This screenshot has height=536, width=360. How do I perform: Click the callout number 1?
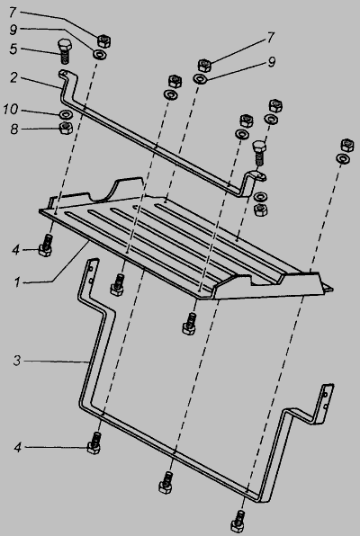[x=17, y=282]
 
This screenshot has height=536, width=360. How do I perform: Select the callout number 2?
[x=13, y=78]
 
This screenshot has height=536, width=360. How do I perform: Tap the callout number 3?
[x=17, y=361]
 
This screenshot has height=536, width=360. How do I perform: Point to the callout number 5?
[x=13, y=49]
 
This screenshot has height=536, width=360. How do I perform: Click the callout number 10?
[x=10, y=110]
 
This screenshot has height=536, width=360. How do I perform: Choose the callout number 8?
[x=13, y=130]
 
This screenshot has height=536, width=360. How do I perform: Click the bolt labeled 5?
[x=65, y=51]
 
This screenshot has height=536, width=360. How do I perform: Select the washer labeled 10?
[x=65, y=114]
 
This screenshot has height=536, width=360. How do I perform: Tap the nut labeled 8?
[x=66, y=128]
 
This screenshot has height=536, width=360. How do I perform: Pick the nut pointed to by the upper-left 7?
[x=104, y=41]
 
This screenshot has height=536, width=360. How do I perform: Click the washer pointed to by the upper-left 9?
[x=100, y=54]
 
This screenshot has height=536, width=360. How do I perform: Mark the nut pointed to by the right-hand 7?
[x=204, y=65]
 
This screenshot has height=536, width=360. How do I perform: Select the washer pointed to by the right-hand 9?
[x=200, y=78]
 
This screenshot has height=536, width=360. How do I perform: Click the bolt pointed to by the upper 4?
[x=46, y=245]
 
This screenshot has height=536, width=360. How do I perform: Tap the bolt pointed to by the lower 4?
[x=94, y=442]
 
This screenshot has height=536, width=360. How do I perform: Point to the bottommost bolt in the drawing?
[x=238, y=522]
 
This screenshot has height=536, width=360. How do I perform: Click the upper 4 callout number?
[x=16, y=250]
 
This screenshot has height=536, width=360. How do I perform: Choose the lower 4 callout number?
[x=18, y=447]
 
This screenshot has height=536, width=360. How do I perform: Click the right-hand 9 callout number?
[x=272, y=62]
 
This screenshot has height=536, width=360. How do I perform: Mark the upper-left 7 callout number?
[x=13, y=13]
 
